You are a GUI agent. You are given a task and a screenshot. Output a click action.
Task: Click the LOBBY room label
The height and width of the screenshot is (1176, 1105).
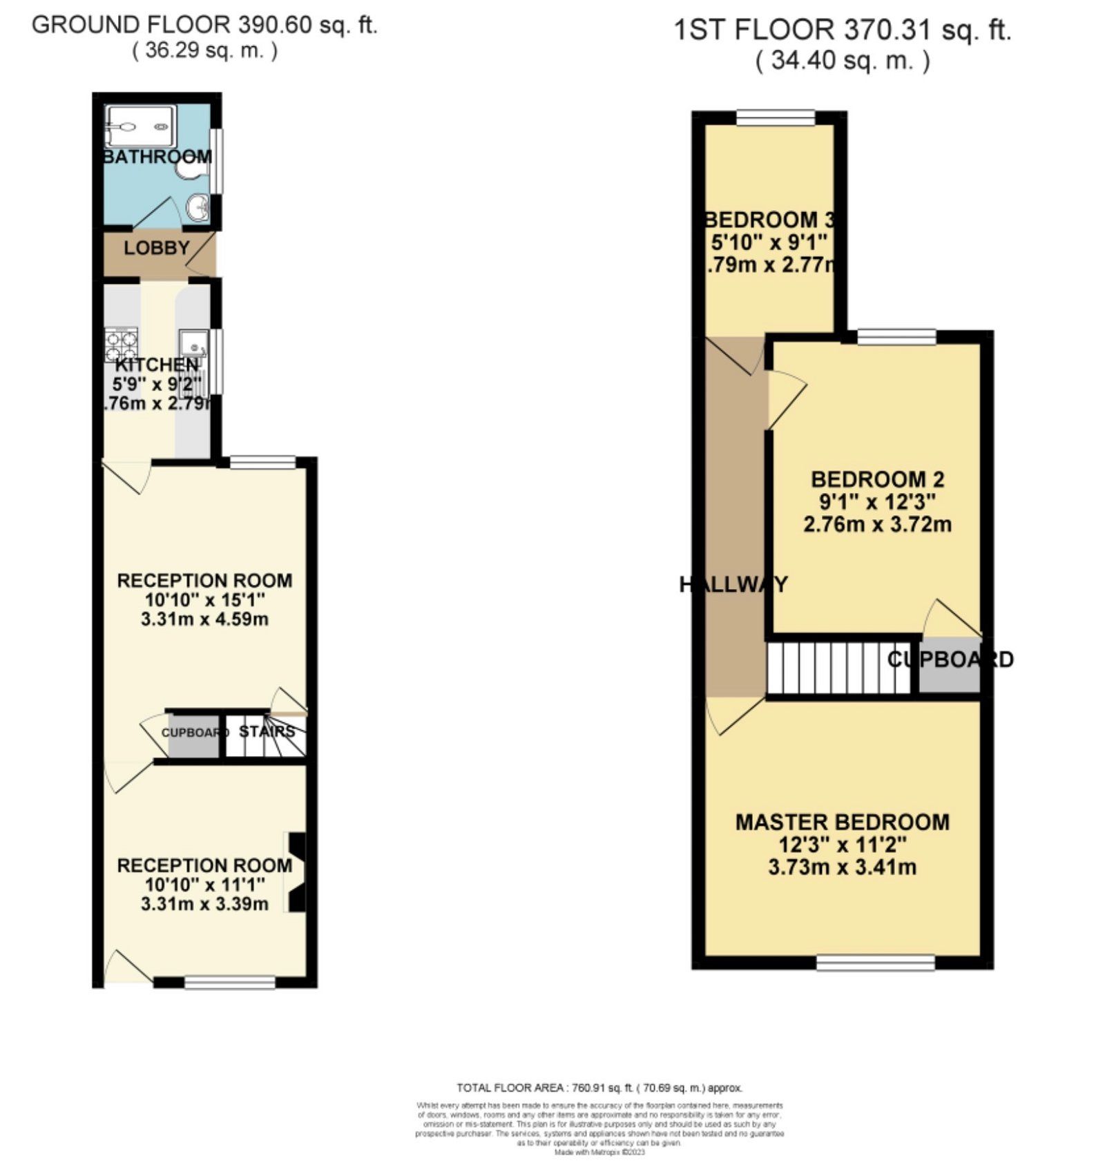point(157,248)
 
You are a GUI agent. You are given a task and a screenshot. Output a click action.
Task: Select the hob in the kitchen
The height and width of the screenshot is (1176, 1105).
point(121,345)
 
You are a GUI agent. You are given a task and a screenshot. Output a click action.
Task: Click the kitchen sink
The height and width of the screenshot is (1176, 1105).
point(194,343)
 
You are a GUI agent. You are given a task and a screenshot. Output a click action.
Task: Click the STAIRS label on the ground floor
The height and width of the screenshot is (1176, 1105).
point(267,731)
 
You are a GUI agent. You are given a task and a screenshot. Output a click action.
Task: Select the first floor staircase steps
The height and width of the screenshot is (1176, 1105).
point(838,668)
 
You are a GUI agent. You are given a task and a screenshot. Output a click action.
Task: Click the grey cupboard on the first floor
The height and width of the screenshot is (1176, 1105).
point(950,666)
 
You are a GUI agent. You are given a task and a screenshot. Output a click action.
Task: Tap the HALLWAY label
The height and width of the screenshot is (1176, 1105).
point(733,585)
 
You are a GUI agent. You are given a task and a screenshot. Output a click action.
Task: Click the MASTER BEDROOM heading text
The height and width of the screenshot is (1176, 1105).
point(842,822)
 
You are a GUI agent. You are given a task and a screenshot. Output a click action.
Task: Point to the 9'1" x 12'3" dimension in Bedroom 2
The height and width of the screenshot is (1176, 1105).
point(877,501)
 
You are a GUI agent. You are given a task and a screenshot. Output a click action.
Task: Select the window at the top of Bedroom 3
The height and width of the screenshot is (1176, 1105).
point(776,118)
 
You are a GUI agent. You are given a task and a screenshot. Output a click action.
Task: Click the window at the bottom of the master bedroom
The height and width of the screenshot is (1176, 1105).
point(876,963)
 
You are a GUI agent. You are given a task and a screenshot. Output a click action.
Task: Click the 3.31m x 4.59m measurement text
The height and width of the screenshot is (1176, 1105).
point(204,619)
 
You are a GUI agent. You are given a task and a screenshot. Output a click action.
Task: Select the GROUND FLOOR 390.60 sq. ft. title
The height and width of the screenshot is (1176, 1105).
point(204,25)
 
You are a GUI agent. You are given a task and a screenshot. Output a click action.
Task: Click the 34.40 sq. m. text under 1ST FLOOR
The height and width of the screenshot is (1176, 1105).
point(842,61)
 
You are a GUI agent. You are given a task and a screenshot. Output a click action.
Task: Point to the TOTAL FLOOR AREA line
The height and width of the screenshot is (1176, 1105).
point(599,1088)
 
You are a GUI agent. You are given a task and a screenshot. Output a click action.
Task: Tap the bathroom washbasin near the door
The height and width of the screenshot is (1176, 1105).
point(199,206)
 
